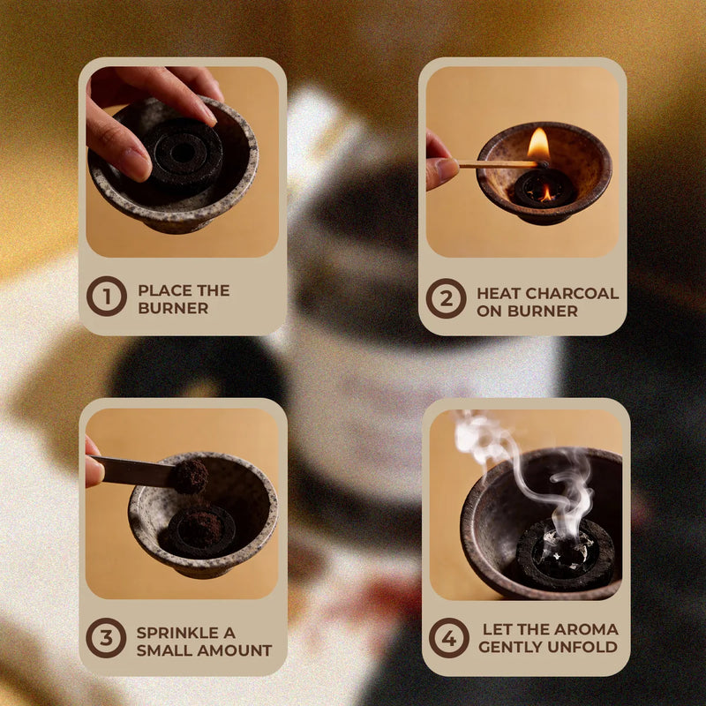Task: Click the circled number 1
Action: tap(107, 297)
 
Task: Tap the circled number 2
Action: tap(447, 298)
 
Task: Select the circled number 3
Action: tap(106, 638)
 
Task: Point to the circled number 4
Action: tap(449, 638)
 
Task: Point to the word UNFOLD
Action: tap(583, 647)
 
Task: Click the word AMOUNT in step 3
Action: tap(234, 650)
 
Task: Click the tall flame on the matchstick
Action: tap(538, 144)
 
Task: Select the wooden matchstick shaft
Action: tap(499, 164)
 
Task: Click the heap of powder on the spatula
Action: tap(191, 476)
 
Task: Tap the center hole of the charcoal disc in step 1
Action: tap(183, 154)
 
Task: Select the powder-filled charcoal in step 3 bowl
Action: tap(201, 531)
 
